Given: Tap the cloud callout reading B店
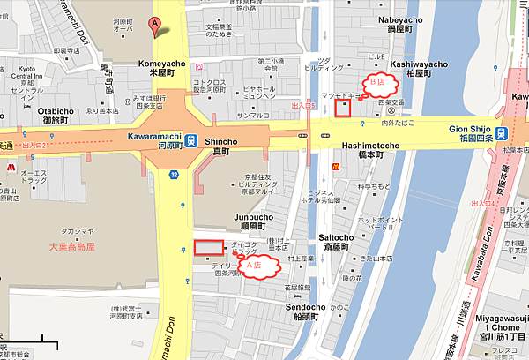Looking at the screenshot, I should click(x=378, y=85).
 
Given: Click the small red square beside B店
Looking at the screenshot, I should click(x=343, y=109).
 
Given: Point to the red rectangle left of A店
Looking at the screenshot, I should click(x=209, y=248).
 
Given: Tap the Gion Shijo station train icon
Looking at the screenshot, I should click(x=500, y=133).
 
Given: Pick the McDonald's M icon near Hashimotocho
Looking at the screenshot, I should click(x=335, y=166).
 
